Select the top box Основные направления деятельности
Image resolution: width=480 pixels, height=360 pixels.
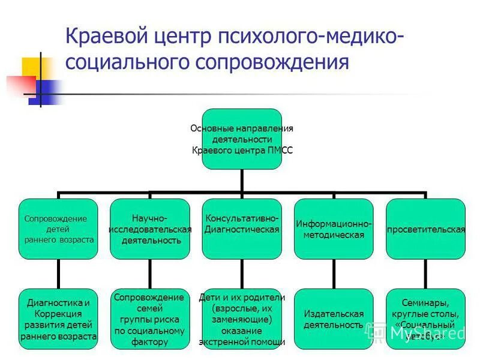click(242, 139)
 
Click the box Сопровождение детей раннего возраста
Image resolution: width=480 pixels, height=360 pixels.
click(58, 229)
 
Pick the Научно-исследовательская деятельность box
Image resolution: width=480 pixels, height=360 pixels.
click(150, 229)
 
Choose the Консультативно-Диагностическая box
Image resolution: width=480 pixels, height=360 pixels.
click(242, 229)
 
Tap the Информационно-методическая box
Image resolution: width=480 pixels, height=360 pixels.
click(334, 229)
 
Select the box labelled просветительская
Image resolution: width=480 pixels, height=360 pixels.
click(425, 229)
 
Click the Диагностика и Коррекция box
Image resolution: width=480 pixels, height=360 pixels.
click(58, 319)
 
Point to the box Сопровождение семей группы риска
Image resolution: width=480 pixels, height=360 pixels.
click(150, 319)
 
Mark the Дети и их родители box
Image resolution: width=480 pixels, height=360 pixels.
click(242, 319)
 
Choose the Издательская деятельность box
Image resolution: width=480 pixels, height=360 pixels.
click(334, 319)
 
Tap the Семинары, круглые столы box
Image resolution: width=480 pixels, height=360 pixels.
click(425, 319)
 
